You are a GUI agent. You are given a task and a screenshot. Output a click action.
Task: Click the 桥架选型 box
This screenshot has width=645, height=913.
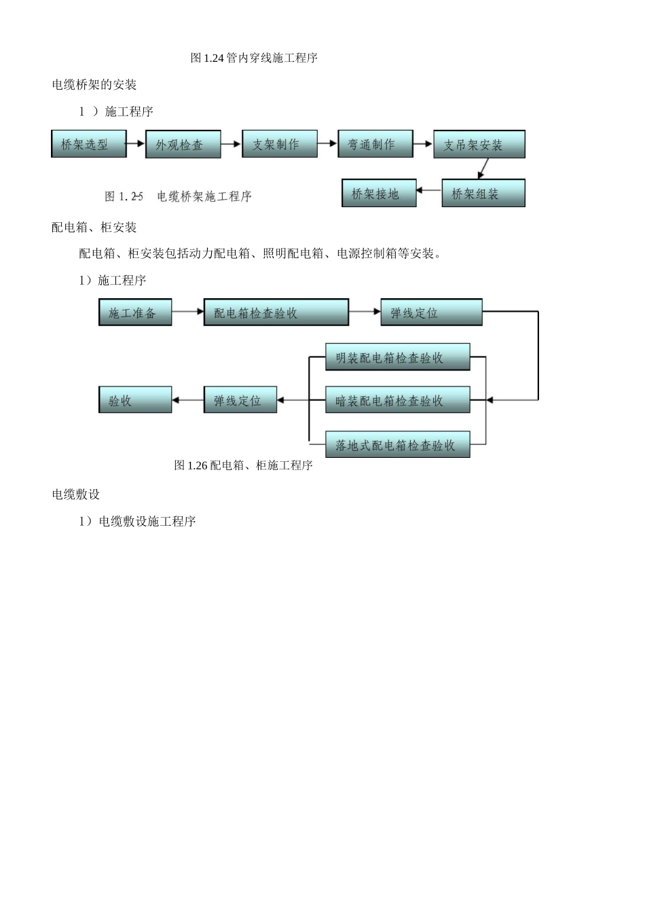[89, 144]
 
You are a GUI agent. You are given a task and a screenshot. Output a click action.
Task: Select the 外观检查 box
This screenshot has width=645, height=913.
[183, 145]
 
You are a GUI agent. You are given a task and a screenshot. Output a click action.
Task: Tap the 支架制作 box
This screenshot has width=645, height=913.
[280, 144]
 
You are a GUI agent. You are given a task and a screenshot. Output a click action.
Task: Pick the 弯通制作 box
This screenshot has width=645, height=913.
[375, 144]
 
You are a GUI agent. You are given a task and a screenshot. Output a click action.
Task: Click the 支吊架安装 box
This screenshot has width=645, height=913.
[479, 145]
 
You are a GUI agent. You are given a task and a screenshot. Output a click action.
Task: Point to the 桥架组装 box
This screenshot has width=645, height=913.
[483, 194]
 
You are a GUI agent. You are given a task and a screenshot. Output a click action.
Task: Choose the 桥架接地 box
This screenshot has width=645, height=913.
[379, 194]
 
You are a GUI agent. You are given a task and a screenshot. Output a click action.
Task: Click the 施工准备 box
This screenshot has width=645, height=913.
[135, 312]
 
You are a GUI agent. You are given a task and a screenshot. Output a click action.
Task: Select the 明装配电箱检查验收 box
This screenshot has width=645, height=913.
[397, 357]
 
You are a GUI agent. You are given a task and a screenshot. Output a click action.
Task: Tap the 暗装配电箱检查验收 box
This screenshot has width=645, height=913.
[397, 400]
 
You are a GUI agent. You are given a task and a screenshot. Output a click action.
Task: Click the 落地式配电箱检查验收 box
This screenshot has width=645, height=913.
[397, 445]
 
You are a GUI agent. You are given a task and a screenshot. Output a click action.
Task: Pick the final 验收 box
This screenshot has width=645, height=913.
[135, 400]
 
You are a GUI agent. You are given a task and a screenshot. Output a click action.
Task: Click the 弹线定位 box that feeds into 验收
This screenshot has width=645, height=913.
[241, 400]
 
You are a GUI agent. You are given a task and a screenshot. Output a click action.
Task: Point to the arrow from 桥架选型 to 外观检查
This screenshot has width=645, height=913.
[136, 144]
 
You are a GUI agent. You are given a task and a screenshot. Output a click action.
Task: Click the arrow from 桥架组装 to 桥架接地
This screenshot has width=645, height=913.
[429, 191]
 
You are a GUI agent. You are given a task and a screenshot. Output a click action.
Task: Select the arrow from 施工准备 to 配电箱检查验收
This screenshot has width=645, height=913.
[187, 312]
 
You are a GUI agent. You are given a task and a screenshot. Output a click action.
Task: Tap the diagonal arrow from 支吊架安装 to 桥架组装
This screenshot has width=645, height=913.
[483, 169]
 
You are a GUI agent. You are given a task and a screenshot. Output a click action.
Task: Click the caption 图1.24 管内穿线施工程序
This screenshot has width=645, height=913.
[254, 58]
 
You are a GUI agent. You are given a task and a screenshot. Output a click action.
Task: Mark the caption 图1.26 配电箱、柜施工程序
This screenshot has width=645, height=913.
[243, 465]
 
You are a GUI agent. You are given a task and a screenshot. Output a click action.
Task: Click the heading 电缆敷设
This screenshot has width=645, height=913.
[76, 494]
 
